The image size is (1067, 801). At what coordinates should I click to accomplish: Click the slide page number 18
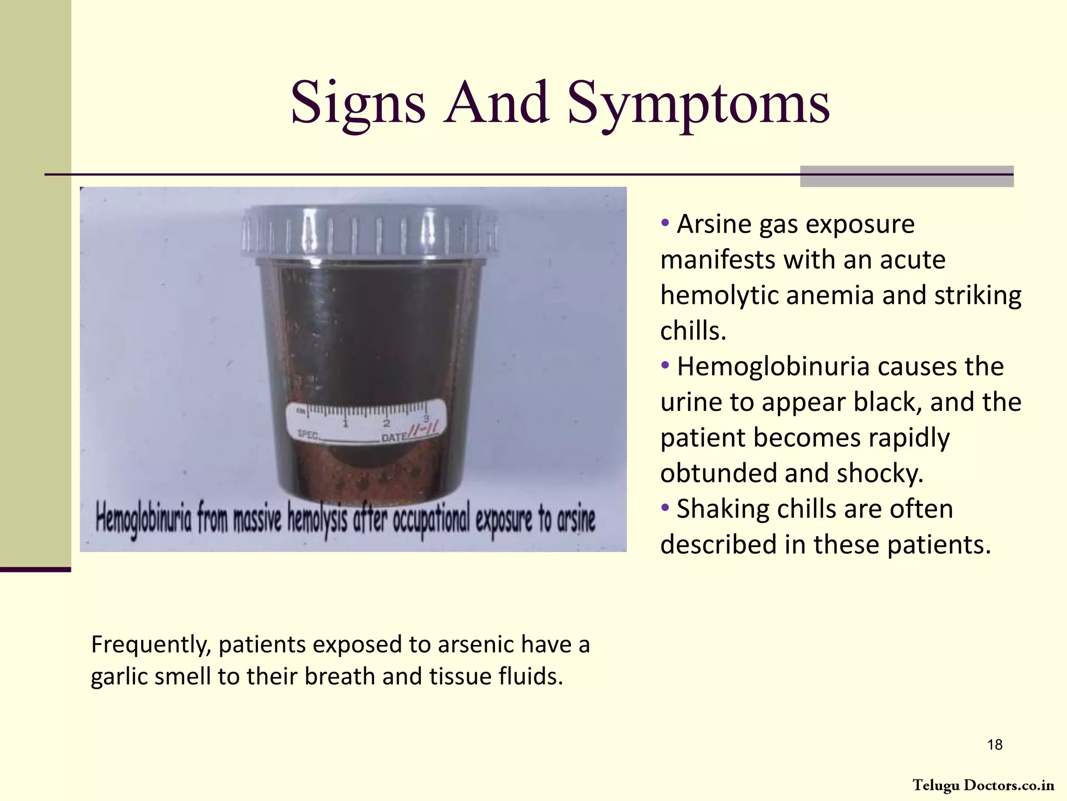[x=995, y=745]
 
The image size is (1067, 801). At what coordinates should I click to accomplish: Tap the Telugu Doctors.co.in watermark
[x=983, y=785]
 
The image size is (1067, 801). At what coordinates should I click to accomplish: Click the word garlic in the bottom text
[x=119, y=676]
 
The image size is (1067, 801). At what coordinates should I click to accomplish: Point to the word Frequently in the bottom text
[x=151, y=645]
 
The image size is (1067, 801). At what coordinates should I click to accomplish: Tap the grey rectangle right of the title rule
[x=907, y=176]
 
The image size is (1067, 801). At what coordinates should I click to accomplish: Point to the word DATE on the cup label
[x=393, y=437]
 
